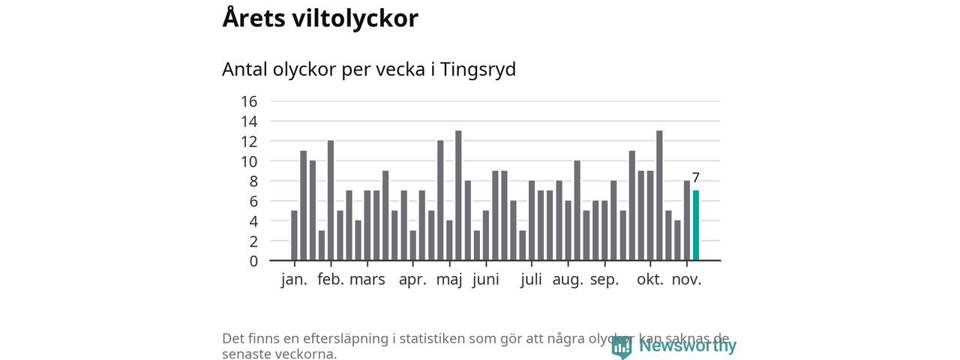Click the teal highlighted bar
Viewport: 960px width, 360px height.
696,225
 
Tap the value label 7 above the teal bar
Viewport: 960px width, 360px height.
696,178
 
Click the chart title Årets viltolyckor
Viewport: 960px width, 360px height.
319,18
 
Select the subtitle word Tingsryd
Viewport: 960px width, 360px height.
478,69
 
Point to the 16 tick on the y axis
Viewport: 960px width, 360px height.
249,101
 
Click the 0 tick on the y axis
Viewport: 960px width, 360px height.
253,261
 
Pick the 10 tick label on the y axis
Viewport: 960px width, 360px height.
249,161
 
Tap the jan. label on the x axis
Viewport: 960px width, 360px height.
294,280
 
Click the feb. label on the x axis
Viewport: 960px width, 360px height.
331,280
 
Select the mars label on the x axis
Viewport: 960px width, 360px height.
367,280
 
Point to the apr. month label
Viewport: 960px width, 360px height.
412,280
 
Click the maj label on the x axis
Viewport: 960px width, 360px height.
449,280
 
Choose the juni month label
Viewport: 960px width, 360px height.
486,280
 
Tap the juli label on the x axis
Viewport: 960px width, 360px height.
531,280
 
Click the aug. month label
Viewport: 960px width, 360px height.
568,280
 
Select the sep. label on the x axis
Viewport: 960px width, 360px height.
604,280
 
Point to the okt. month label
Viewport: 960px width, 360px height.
650,280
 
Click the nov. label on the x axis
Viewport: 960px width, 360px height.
686,280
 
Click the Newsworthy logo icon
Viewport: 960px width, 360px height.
621,346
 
